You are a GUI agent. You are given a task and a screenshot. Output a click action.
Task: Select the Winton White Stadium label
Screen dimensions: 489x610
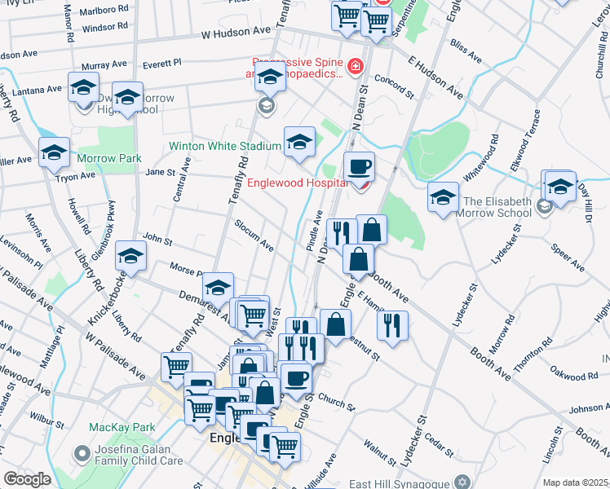pos(224,147)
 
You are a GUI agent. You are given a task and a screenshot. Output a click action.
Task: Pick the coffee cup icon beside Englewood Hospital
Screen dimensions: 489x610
pos(359,166)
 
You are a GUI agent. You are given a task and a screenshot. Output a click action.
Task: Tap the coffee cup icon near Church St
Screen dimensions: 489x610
pos(296,377)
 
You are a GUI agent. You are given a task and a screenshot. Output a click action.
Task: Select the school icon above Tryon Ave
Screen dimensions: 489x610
pos(55,152)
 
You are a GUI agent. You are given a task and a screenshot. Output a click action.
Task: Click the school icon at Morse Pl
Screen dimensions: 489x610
pos(130,255)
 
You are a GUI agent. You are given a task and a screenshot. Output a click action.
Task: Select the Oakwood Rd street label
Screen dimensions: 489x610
pos(575,377)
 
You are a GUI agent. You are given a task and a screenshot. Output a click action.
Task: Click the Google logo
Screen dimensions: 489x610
pos(26,479)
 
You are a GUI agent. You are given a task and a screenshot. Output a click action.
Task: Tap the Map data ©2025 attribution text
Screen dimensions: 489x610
pos(575,482)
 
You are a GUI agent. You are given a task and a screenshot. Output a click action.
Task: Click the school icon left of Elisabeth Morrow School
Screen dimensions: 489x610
pos(443,197)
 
